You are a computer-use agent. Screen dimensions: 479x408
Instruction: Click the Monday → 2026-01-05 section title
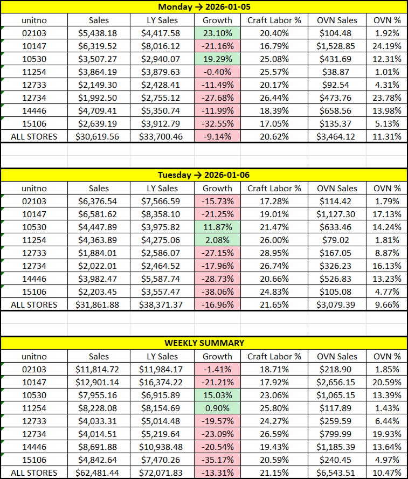click(x=204, y=7)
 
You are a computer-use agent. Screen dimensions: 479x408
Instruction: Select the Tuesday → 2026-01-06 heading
click(x=204, y=175)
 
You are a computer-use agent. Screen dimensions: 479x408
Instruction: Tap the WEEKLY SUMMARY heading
click(x=204, y=343)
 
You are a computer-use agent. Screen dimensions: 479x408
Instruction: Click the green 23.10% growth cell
click(x=217, y=33)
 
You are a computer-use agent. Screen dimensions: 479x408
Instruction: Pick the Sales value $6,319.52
click(x=99, y=46)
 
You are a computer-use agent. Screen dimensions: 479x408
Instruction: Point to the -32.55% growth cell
click(x=217, y=124)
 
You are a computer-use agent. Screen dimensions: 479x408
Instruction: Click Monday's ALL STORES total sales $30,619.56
click(x=99, y=137)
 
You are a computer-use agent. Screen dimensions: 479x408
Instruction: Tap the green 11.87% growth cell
click(x=217, y=227)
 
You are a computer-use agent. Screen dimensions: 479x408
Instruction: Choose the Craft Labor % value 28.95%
click(x=274, y=253)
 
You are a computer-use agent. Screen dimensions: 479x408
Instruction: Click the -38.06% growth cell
click(x=217, y=291)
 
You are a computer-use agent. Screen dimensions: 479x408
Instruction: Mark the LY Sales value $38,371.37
click(x=162, y=304)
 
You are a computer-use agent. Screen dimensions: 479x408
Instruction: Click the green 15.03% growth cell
click(x=217, y=395)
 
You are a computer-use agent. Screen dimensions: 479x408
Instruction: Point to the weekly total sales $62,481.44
click(x=99, y=473)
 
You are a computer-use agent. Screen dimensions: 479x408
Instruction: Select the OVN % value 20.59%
click(x=387, y=382)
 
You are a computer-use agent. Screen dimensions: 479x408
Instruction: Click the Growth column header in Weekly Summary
click(x=217, y=356)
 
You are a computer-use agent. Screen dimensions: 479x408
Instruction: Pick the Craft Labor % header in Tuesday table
click(x=274, y=189)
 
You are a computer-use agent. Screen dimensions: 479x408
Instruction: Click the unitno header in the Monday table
click(x=34, y=20)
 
